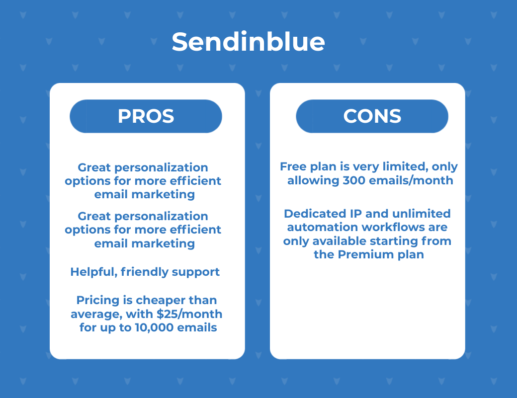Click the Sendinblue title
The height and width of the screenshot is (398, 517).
248,42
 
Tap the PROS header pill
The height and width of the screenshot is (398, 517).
146,116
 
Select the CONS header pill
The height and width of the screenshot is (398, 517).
372,116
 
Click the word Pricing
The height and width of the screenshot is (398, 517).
98,301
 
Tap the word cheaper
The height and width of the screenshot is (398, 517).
161,301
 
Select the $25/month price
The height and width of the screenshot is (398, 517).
189,314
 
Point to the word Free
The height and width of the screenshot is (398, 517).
293,167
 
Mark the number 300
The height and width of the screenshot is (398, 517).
354,180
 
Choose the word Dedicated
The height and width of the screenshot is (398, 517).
315,214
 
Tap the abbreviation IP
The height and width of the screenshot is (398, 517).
356,214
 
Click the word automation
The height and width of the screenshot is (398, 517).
323,228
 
